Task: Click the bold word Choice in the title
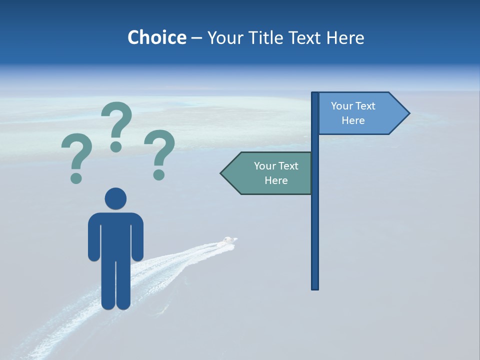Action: (x=156, y=37)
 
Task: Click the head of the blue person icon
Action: (x=115, y=198)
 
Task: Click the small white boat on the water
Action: (x=229, y=241)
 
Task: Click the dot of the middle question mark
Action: (x=116, y=146)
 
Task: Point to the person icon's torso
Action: (x=115, y=235)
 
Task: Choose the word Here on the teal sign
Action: (x=276, y=180)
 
